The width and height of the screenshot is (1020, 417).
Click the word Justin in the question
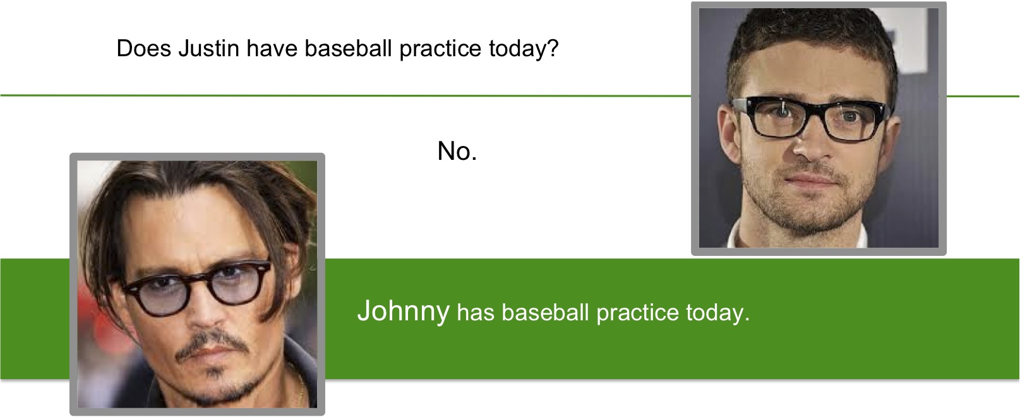pos(208,48)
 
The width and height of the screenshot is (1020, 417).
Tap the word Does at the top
pos(144,48)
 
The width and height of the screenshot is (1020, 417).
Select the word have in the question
pos(272,48)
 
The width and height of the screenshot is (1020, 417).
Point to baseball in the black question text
pos(349,48)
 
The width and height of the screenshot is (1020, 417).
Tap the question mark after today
pos(553,48)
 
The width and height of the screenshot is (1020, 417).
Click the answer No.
pos(457,151)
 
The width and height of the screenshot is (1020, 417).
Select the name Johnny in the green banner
pos(404,311)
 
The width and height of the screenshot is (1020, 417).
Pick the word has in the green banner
pos(476,313)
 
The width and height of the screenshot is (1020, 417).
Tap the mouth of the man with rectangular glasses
pos(815,179)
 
